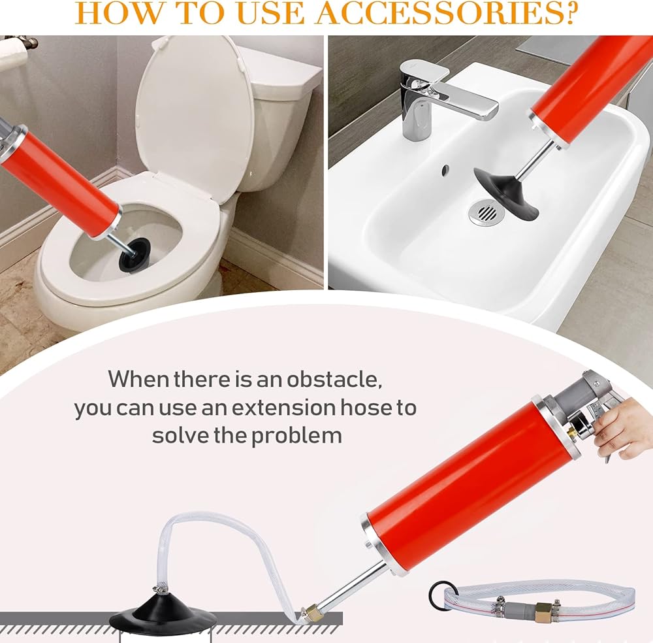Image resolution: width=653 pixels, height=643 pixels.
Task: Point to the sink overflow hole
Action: [x=445, y=169]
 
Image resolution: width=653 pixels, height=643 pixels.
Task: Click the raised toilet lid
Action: [x=196, y=118]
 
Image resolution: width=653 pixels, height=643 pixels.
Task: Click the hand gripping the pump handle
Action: [x=625, y=429]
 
